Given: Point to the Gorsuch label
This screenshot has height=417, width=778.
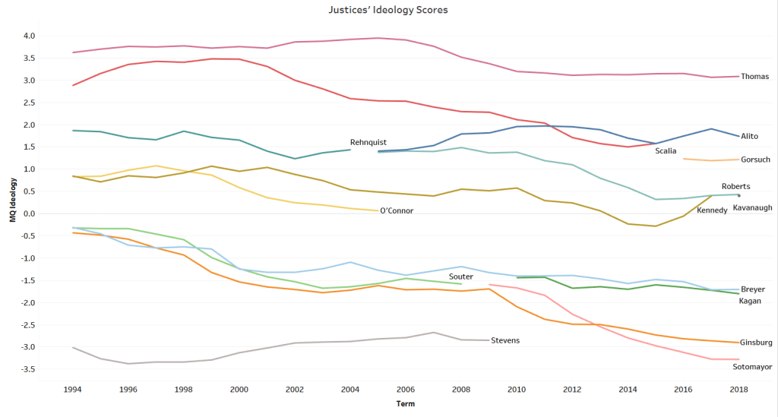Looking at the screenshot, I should click(756, 160).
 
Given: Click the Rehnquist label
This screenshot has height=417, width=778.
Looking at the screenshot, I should click(369, 142).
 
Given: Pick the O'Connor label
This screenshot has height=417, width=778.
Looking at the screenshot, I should click(397, 210).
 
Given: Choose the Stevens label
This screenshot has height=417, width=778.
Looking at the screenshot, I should click(505, 340).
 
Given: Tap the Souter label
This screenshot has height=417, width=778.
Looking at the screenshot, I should click(460, 276).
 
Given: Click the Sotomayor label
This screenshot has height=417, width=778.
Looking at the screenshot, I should click(752, 367).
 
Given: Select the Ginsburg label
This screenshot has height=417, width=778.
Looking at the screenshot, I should click(756, 343).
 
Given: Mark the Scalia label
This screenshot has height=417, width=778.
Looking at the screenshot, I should click(666, 150).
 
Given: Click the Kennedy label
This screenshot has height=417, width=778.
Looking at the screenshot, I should click(712, 210).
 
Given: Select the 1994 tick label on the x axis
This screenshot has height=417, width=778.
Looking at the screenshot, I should click(73, 389).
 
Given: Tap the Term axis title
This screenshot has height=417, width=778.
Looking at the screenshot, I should click(405, 404).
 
